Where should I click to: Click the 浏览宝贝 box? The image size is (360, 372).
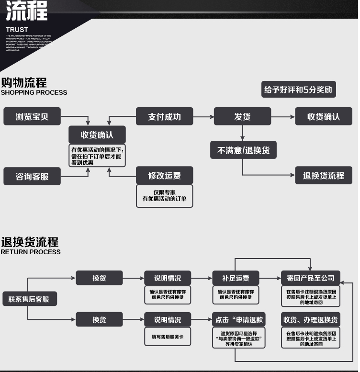tap(32, 116)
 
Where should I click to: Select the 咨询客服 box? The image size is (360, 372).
tap(32, 176)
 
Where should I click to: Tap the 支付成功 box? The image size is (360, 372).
tap(164, 116)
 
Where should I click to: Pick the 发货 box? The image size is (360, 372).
tap(242, 116)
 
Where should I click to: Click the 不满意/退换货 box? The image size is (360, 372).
tap(244, 150)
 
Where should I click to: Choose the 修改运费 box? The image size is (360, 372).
tap(164, 176)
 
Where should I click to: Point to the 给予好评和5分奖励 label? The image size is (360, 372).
tap(298, 90)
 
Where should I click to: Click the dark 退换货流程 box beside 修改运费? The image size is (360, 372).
tap(324, 176)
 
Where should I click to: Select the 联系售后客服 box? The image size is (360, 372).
tap(29, 299)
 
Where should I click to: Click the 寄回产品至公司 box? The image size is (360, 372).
tap(310, 278)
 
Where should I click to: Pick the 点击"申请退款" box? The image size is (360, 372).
tap(239, 320)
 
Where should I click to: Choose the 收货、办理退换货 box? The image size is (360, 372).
tap(310, 320)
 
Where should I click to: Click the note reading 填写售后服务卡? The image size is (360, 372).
tap(168, 337)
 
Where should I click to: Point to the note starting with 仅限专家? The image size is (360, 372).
tap(164, 196)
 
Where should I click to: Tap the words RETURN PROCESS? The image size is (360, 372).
tap(31, 252)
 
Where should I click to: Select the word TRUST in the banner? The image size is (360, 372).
tap(17, 30)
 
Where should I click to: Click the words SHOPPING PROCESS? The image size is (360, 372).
tap(34, 92)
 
